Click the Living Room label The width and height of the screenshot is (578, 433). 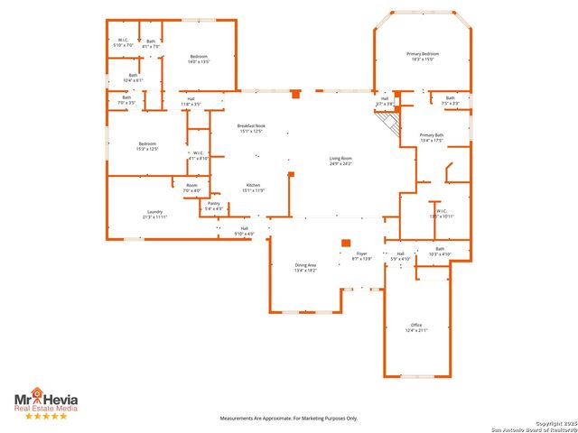point(340,161)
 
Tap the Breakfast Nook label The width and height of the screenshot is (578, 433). point(250,128)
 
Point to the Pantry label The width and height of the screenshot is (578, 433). point(214,206)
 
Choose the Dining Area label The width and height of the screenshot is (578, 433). point(306,267)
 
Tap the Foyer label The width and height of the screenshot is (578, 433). point(362,256)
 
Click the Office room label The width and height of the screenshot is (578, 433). point(416,327)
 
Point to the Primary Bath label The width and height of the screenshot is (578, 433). point(431,138)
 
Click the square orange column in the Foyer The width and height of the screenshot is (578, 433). point(345,242)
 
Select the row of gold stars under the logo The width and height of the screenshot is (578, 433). point(45,416)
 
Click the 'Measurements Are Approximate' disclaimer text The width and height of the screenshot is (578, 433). point(289,418)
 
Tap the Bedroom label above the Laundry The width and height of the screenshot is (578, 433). point(148,146)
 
